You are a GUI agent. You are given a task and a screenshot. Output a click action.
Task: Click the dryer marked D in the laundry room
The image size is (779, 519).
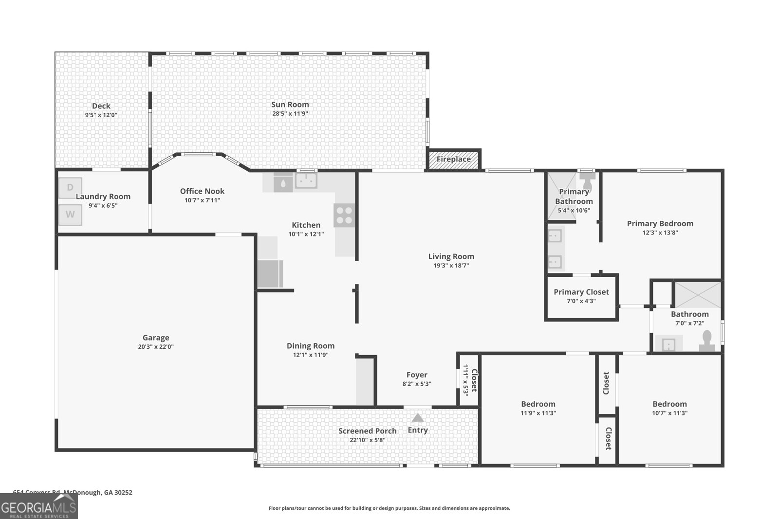(x=70, y=188)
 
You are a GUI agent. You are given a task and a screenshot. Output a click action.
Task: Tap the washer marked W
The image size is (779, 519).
(x=70, y=215)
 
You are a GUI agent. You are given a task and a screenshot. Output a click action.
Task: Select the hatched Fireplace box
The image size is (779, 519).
(x=453, y=159)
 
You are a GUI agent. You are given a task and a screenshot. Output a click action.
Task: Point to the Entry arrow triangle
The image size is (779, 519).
(x=418, y=417)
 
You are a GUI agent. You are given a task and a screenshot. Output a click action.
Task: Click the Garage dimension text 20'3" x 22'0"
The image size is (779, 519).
(x=156, y=347)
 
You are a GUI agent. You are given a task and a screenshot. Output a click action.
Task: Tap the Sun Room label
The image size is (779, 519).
(x=290, y=104)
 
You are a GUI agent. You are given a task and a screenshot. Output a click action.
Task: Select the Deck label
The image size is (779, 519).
(x=101, y=106)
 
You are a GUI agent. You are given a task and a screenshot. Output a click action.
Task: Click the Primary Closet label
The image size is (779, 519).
(x=581, y=292)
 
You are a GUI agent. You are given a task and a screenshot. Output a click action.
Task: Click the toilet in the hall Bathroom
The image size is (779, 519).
(x=707, y=341)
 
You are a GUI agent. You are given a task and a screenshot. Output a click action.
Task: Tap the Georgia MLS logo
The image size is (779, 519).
(x=39, y=506)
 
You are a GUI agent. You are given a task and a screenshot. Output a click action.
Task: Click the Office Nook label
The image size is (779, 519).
(x=202, y=191)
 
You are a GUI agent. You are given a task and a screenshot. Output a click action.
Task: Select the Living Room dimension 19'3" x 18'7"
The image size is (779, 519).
(x=451, y=266)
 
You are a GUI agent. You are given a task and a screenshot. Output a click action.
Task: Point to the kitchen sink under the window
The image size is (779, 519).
(x=306, y=181)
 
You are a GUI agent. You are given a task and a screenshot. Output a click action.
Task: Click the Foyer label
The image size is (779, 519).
(x=417, y=375)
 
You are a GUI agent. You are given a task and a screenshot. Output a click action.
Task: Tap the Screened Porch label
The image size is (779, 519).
(x=368, y=430)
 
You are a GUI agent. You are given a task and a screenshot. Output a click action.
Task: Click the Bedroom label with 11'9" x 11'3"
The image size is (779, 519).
(x=538, y=404)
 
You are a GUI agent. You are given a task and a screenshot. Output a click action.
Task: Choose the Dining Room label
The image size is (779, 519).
(x=311, y=346)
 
